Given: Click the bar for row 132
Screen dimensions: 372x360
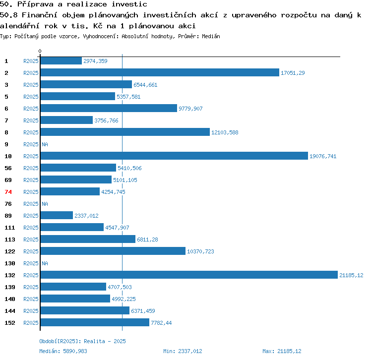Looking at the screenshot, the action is click(189, 275).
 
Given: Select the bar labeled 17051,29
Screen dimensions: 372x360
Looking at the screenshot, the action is click(160, 72).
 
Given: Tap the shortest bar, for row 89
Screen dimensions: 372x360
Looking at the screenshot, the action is click(57, 215).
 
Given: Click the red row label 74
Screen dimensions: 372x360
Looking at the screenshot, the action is click(8, 192).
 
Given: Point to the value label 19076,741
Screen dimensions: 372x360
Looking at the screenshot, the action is click(323, 156).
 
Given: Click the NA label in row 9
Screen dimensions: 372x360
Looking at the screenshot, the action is click(45, 144).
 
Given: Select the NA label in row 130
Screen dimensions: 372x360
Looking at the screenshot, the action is click(45, 263).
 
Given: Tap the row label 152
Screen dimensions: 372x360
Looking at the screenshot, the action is click(10, 323).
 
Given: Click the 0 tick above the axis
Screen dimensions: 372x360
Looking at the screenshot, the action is click(40, 51).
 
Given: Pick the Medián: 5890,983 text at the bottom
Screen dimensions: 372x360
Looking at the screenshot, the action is click(63, 351).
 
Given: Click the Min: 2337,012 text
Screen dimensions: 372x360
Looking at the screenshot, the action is click(183, 351).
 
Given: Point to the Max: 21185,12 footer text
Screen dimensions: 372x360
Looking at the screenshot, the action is click(282, 351).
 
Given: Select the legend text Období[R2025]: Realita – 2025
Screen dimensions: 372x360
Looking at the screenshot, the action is click(82, 341).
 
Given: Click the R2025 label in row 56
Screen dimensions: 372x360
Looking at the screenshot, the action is click(31, 168).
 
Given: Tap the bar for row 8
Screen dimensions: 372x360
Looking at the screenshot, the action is click(125, 132).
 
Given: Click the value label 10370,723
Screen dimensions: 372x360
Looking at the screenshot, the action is click(200, 251).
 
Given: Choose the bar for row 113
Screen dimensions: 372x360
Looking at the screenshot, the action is click(88, 239).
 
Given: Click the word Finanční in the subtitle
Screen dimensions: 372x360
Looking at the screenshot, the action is click(40, 15).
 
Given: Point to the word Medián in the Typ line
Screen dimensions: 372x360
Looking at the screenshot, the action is click(211, 36).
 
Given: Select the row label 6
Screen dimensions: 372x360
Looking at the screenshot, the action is click(6, 109).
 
